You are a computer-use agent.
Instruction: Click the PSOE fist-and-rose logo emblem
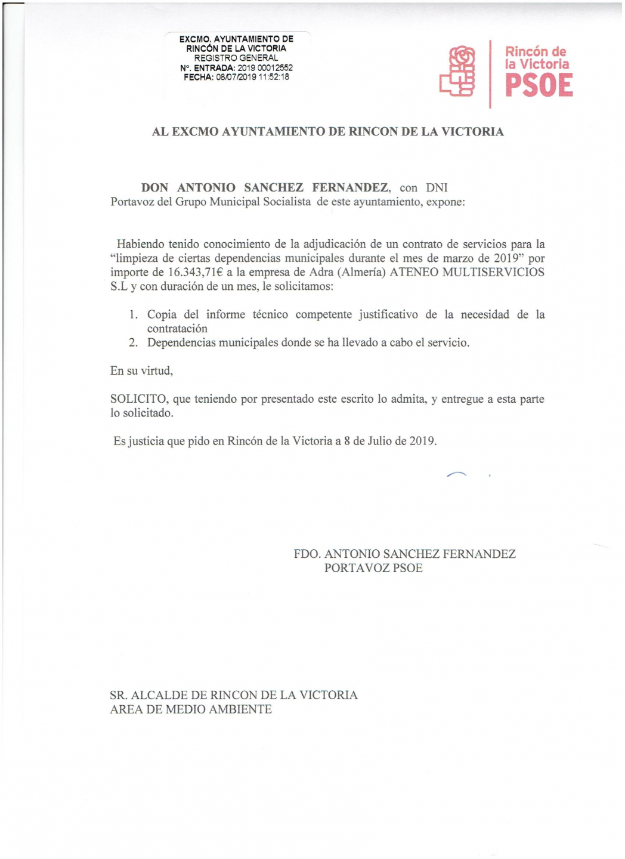coord(457,72)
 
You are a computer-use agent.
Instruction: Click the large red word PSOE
coord(539,85)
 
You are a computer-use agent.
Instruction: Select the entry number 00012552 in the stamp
coord(276,68)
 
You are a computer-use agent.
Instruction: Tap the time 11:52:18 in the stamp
coord(274,77)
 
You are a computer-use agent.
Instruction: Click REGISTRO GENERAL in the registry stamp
coord(236,58)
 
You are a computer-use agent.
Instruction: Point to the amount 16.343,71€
coord(195,273)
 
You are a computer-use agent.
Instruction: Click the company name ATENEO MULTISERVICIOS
coord(467,273)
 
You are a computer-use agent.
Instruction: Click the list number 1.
coord(133,315)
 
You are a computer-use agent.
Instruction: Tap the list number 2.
coord(133,343)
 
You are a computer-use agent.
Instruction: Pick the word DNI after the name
coord(437,188)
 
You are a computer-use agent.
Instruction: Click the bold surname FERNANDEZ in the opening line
coord(351,188)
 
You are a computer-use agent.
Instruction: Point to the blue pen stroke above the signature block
coord(457,474)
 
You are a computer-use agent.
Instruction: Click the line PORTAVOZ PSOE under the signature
coord(373,568)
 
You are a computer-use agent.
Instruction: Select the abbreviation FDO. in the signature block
coord(307,554)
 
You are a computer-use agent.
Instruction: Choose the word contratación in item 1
coord(177,329)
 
